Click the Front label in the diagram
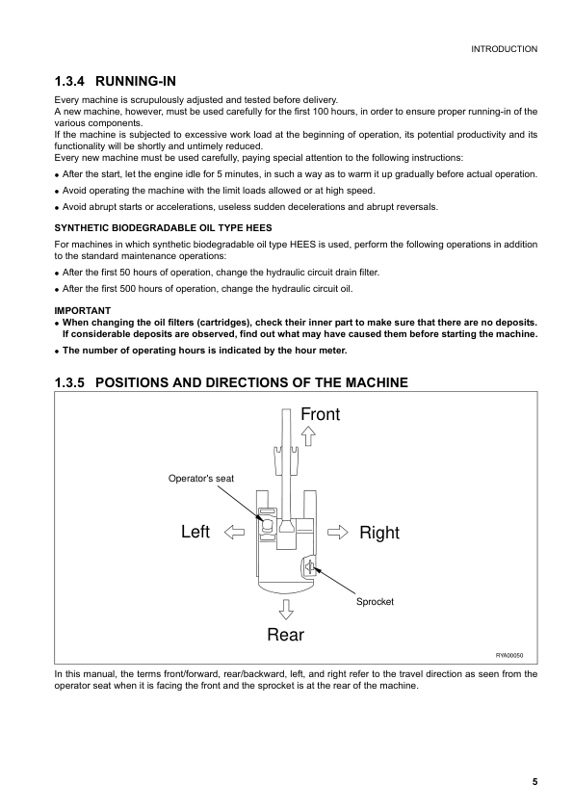[320, 414]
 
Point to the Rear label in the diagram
[285, 634]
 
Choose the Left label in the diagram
[195, 533]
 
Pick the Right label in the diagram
[378, 533]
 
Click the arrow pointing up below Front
[308, 435]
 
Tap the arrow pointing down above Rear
[286, 608]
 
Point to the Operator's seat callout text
[201, 478]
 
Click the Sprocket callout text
[375, 601]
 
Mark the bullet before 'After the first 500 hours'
[58, 289]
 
